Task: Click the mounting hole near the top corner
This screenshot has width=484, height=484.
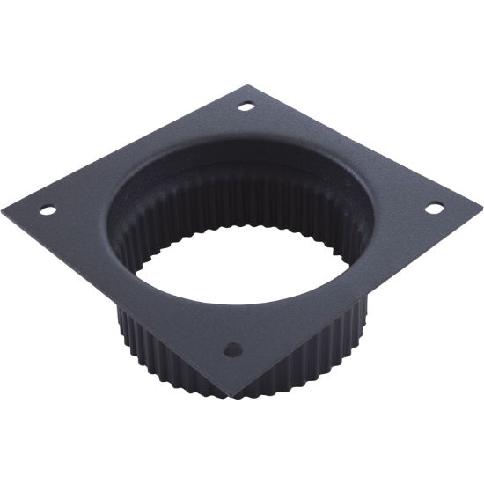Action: [x=247, y=106]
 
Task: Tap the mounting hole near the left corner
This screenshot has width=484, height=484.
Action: [x=48, y=210]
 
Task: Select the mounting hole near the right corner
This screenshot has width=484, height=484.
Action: [x=435, y=208]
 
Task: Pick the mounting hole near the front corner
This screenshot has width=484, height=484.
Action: [x=232, y=349]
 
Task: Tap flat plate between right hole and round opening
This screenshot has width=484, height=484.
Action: [x=400, y=211]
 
